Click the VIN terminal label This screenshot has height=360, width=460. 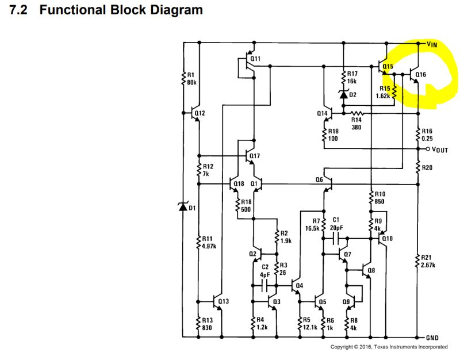(433, 44)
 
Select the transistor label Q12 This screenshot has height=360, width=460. (200, 113)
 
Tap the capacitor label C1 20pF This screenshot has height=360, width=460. (337, 224)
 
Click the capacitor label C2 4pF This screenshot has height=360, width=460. (265, 270)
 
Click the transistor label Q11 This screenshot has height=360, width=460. (256, 59)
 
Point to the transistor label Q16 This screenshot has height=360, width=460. (420, 74)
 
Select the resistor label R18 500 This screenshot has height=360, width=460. (247, 205)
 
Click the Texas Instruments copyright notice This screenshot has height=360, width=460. (389, 347)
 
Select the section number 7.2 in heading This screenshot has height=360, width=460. (21, 10)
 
